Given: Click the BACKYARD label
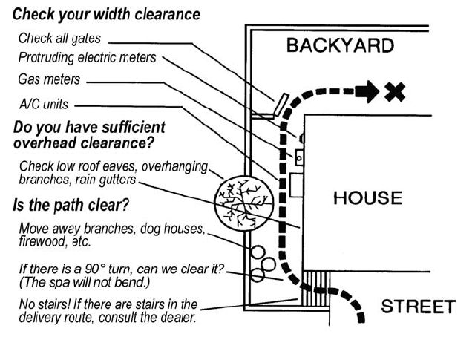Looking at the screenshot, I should pos(340,46).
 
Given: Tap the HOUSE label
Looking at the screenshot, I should pos(367,198).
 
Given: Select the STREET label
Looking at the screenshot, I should pos(417,307).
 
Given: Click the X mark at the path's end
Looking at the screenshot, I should pos(393,92).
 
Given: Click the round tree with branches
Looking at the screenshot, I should pos(237,200).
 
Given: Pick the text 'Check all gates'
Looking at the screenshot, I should pos(59,39).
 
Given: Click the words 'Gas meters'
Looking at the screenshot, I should pos(49,79).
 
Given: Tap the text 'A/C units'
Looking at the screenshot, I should pos(44,105).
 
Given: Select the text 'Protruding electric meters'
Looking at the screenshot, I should pos(87,57).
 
